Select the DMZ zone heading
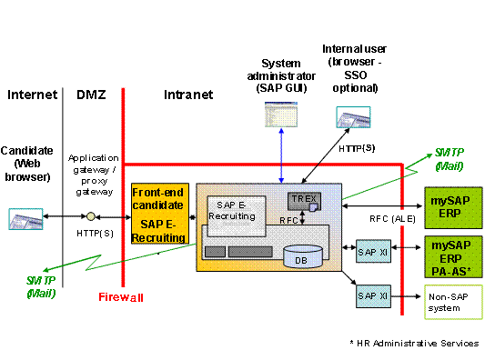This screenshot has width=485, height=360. [x=91, y=94]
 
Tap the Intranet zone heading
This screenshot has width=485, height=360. [x=188, y=94]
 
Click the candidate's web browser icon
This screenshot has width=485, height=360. [x=25, y=218]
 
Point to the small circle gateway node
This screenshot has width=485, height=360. [x=91, y=217]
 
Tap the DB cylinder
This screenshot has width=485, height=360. [x=301, y=257]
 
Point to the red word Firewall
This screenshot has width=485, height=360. [x=121, y=296]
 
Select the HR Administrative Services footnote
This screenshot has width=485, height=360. [x=413, y=343]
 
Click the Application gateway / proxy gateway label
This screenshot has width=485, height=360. [x=93, y=175]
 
